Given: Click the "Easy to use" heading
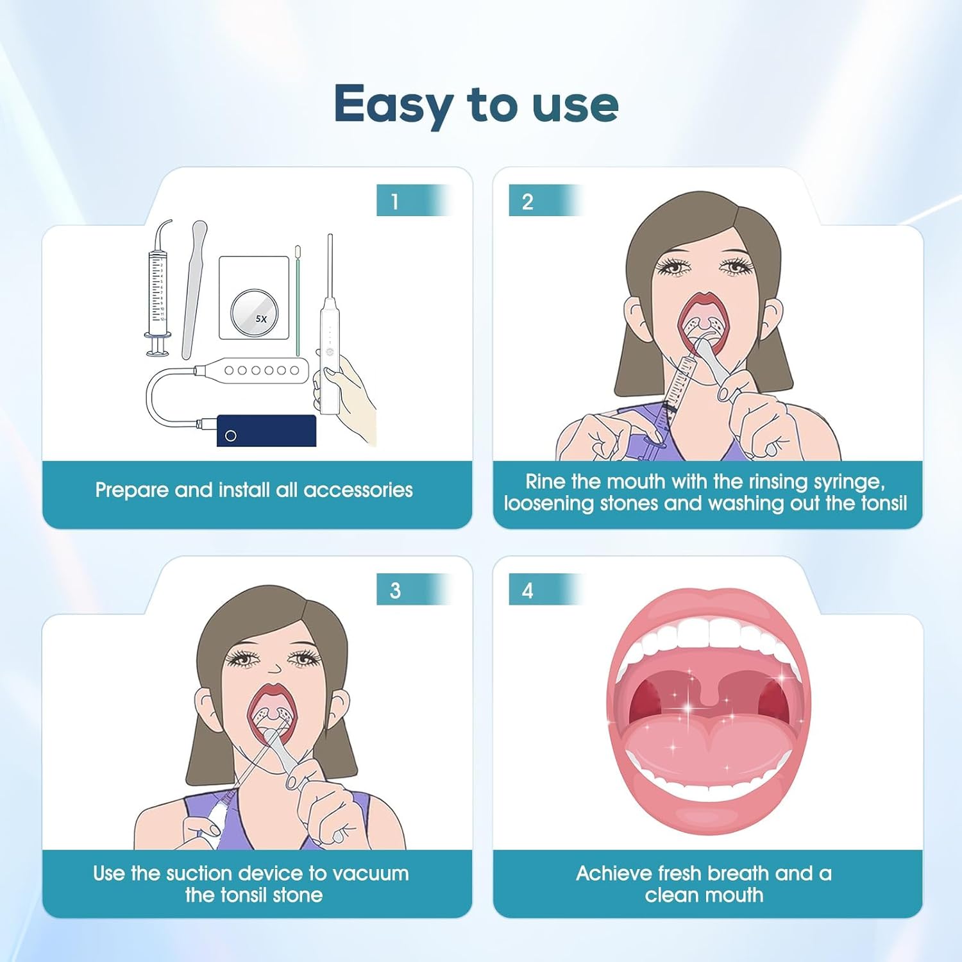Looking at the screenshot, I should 476,104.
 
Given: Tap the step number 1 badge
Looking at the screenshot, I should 395,201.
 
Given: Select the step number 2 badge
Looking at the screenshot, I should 528,201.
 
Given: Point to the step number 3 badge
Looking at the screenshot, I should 395,590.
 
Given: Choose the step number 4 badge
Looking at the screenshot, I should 528,590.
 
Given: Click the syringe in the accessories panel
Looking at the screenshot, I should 157,289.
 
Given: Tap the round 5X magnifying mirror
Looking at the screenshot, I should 255,312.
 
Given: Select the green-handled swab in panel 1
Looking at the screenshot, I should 298,301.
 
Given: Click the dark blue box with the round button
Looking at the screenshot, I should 266,430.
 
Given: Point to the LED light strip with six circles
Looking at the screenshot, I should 260,370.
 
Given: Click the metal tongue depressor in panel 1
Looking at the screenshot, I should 194,289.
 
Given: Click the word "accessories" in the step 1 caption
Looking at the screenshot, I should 358,490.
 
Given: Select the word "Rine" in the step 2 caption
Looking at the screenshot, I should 545,481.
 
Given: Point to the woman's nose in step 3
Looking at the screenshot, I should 274,668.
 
